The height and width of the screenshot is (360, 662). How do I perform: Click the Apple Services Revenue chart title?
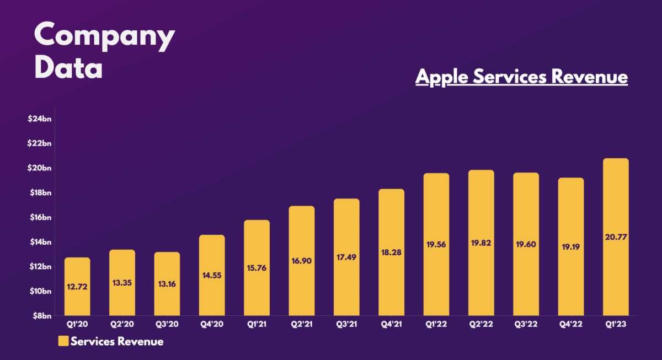point(521,77)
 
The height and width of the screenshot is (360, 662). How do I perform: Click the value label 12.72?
point(77,286)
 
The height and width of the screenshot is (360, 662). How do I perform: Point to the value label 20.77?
point(615,237)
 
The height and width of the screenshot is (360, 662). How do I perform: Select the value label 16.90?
point(301,260)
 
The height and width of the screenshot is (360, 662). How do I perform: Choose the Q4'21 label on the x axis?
point(391,325)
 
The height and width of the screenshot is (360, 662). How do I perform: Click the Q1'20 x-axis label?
point(77,325)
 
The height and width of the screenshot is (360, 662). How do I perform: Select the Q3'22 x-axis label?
point(526,325)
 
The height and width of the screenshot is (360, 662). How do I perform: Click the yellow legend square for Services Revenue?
point(63,341)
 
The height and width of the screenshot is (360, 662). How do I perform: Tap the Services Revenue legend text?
point(117,341)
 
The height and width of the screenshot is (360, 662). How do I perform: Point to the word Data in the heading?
point(68,69)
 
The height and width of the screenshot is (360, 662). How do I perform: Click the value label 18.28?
point(391,252)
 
